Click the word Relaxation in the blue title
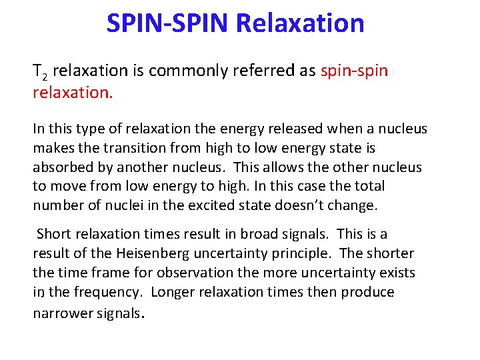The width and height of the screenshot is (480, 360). (x=300, y=23)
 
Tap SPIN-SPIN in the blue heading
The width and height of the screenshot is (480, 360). (x=168, y=23)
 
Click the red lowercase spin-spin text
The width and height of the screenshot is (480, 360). (x=354, y=71)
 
